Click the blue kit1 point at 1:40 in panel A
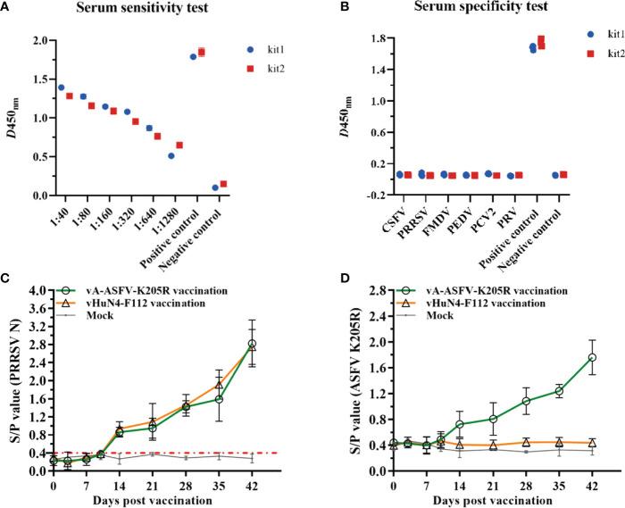click(x=61, y=87)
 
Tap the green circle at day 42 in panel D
click(x=592, y=357)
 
